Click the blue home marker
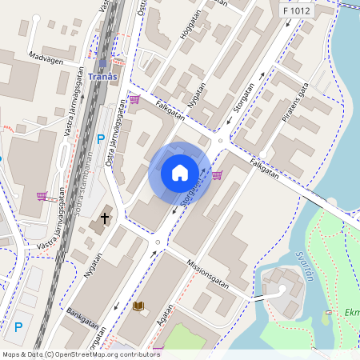180,172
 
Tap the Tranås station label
102,77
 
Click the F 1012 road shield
296,10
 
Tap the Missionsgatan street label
207,274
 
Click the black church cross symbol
104,218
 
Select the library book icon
138,306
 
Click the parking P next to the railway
101,139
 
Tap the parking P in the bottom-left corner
18,326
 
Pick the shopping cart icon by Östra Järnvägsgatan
134,100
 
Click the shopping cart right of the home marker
217,174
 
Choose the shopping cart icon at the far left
42,195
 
